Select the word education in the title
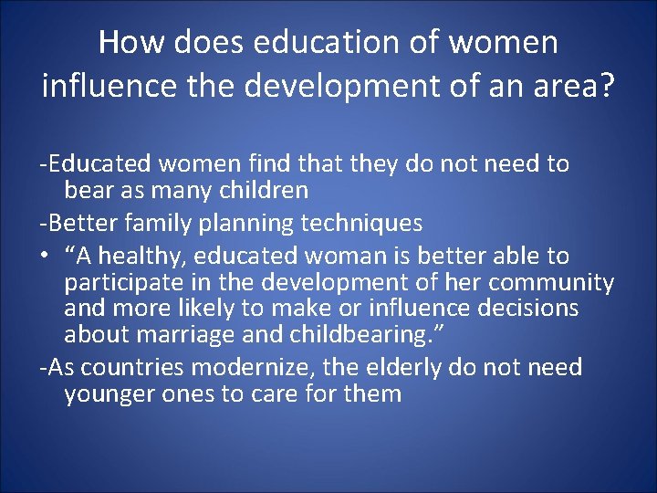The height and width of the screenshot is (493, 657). coord(312,42)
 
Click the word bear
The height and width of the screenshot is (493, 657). coord(89,191)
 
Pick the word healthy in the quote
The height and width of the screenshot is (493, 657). coord(137,256)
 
